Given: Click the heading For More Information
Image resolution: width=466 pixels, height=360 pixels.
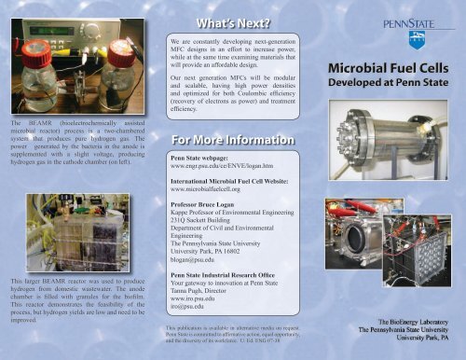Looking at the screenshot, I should click(x=231, y=142).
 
